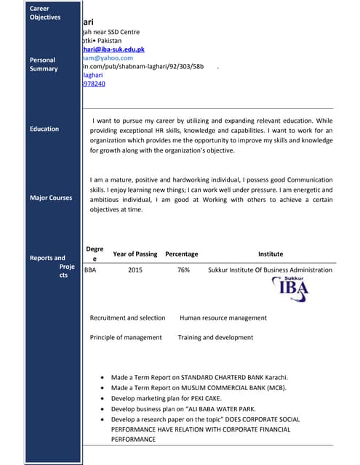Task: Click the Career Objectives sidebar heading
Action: [x=45, y=12]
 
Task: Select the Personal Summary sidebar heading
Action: [x=44, y=64]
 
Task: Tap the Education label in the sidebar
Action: [x=44, y=129]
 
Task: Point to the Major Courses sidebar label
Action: [x=51, y=198]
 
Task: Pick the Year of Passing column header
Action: [x=135, y=254]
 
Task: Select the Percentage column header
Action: [x=181, y=254]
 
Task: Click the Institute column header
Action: [x=271, y=254]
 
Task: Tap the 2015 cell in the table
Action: [x=135, y=270]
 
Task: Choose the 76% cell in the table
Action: [x=183, y=270]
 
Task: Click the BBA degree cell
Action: [x=91, y=270]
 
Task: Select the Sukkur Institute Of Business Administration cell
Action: [x=270, y=270]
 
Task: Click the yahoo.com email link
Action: [x=108, y=58]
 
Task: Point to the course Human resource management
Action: [x=223, y=318]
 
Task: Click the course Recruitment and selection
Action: [x=127, y=318]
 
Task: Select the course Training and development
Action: [x=215, y=338]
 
